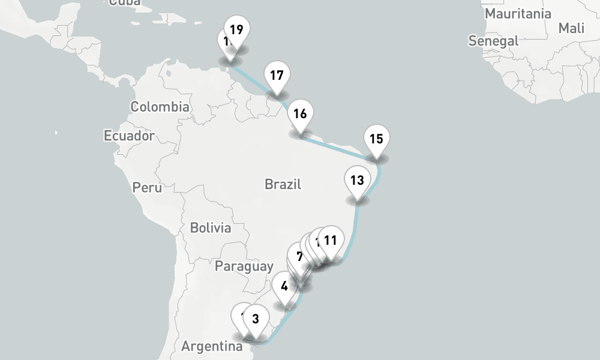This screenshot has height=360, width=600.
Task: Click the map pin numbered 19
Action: point(236,29)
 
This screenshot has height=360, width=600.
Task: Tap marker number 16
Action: point(300,113)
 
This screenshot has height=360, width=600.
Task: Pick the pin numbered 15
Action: point(376,139)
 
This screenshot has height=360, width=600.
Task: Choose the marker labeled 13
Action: point(357,180)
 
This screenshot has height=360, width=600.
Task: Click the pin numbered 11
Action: point(330,241)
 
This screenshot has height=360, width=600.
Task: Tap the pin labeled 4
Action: point(284,286)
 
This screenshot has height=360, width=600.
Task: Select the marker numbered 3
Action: point(255,319)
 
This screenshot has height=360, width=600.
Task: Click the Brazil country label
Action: point(283,184)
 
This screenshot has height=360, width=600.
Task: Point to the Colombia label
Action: point(160,107)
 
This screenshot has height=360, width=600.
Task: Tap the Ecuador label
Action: point(129,136)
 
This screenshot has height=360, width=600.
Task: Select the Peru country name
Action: point(147,188)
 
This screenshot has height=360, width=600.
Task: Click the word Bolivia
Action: point(210,228)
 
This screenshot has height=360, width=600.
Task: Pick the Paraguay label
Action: point(244,266)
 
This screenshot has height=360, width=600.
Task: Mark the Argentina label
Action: point(212,347)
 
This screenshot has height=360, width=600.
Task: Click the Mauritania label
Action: point(518,13)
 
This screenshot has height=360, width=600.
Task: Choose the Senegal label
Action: point(493,41)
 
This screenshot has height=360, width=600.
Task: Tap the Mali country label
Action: point(571,28)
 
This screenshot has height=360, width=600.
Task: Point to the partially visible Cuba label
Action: point(125,3)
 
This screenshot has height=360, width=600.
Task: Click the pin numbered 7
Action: point(299,256)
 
